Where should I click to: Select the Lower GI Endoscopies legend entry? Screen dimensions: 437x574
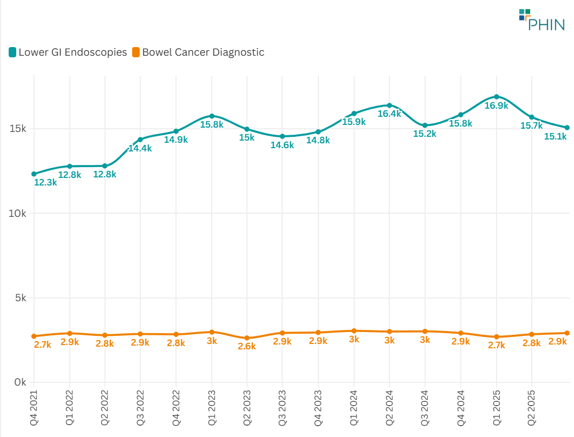(68, 52)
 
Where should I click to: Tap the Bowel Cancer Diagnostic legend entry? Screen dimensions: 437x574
(198, 52)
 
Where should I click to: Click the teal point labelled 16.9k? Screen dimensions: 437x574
(496, 97)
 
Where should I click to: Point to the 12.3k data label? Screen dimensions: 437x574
(45, 183)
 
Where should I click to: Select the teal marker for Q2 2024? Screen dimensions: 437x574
(389, 105)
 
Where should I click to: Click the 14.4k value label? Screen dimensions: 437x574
(140, 148)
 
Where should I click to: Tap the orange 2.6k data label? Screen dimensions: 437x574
(247, 346)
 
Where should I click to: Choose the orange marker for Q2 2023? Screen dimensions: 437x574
(247, 338)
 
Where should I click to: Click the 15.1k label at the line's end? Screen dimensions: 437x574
(555, 137)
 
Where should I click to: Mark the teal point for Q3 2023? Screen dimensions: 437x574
(283, 136)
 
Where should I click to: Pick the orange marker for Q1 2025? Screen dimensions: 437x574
(496, 337)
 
